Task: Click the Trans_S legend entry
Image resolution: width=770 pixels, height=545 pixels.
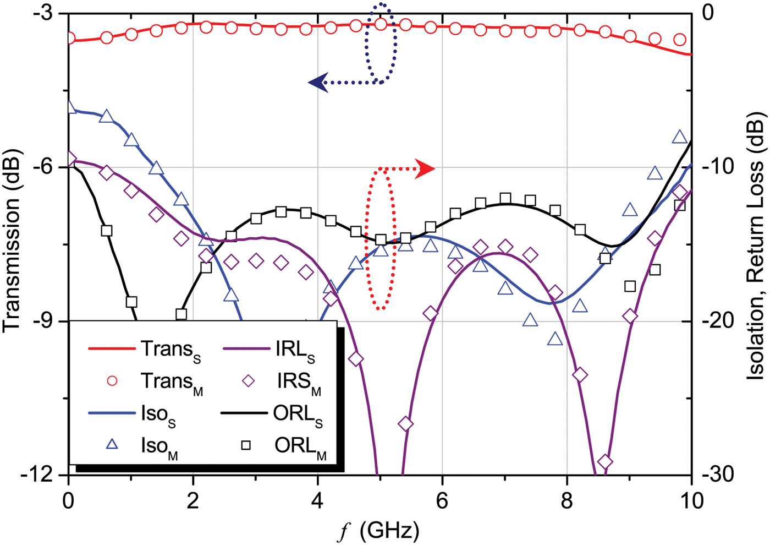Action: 146,349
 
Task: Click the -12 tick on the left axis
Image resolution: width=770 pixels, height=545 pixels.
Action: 41,475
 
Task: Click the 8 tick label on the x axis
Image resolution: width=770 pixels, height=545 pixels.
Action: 566,501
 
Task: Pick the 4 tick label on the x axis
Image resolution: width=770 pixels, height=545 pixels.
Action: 317,501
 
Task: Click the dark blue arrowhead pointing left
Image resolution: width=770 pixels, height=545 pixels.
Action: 317,83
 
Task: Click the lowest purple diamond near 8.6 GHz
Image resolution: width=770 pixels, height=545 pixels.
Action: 605,461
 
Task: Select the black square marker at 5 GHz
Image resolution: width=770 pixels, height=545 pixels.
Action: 380,240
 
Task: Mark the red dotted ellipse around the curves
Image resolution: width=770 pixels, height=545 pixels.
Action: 380,237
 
